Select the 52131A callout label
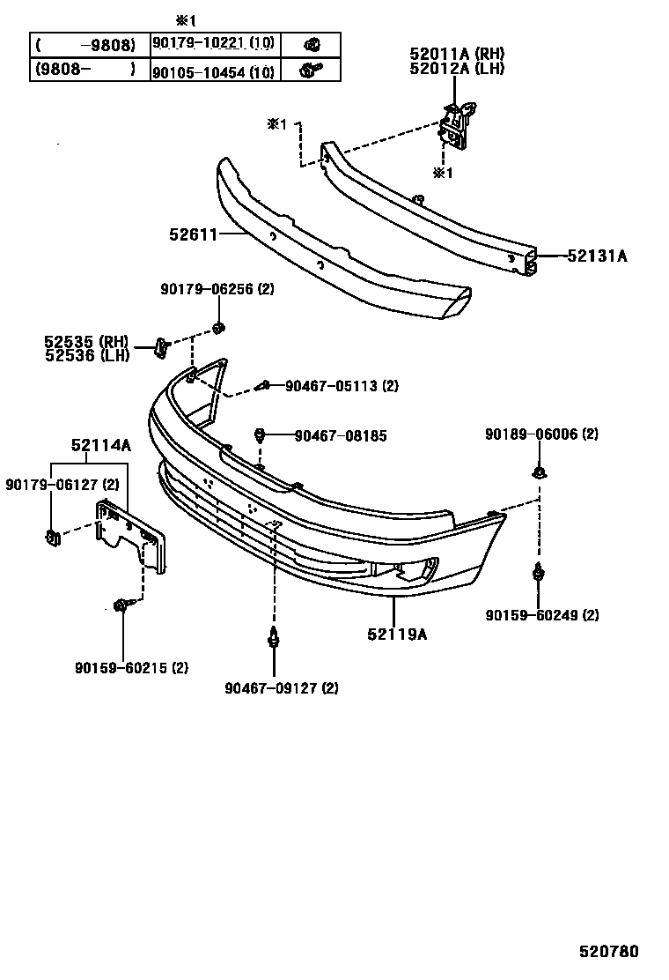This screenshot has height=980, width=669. pyautogui.click(x=597, y=256)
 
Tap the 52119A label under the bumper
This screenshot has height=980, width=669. pyautogui.click(x=398, y=633)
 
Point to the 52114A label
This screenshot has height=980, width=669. pyautogui.click(x=101, y=446)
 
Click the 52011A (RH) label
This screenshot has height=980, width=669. pyautogui.click(x=457, y=54)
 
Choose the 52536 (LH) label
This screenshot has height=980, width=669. pyautogui.click(x=87, y=355)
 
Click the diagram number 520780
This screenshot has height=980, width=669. pyautogui.click(x=608, y=952)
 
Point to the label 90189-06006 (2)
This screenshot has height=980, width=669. pyautogui.click(x=541, y=434)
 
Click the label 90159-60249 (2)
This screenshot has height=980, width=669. pyautogui.click(x=541, y=615)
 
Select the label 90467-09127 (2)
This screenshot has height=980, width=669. pyautogui.click(x=281, y=687)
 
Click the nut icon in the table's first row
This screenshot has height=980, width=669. pyautogui.click(x=311, y=44)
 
